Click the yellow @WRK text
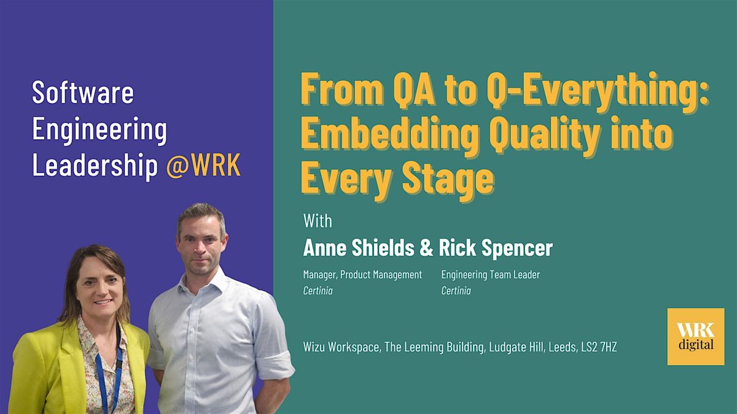[203, 166]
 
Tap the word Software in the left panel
[83, 93]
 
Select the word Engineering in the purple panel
[99, 129]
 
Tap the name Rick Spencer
[495, 248]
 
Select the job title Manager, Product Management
[362, 275]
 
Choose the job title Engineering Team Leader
[491, 275]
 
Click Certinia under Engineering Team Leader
[456, 291]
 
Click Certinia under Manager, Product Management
[318, 291]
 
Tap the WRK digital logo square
[695, 337]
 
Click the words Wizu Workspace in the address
[341, 347]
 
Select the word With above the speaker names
[317, 220]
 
